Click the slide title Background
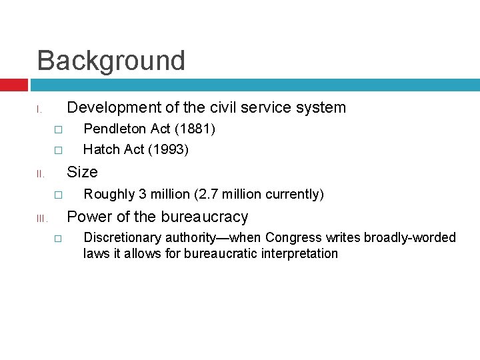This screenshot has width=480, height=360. tap(111, 61)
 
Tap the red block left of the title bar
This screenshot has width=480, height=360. tap(14, 85)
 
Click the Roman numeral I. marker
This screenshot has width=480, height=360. tap(40, 109)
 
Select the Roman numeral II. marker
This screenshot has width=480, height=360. tap(40, 174)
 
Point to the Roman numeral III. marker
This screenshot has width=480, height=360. tap(40, 219)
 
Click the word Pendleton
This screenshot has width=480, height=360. tap(112, 128)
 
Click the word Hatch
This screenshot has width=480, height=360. tap(101, 149)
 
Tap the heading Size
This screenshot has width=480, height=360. tap(83, 172)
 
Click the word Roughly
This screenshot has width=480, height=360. tap(109, 194)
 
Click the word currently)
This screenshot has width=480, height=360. tap(295, 194)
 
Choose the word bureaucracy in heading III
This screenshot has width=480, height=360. tap(204, 217)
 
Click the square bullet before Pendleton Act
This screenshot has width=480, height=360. tap(58, 129)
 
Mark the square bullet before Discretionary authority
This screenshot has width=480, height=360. tap(58, 238)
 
